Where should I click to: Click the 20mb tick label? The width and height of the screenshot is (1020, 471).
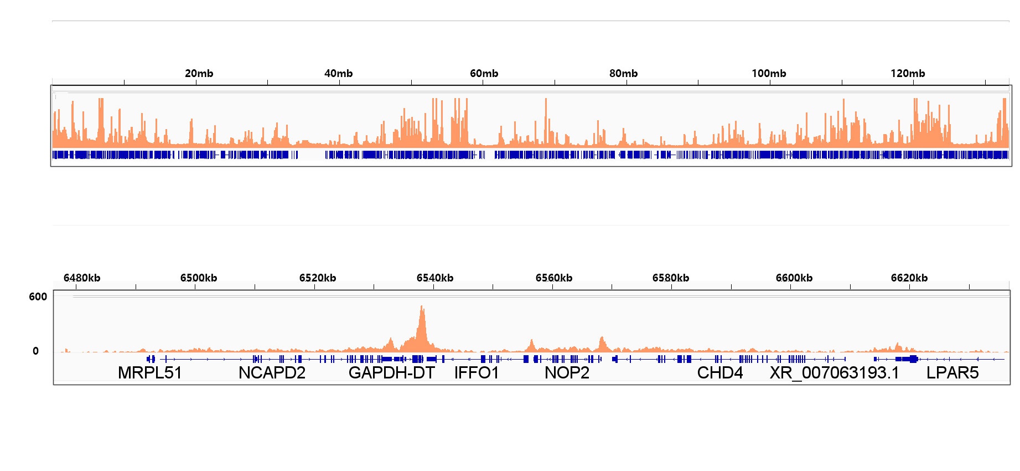[199, 73]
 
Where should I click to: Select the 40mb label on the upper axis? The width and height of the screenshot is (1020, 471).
[338, 73]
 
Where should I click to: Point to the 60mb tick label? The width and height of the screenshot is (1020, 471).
[484, 73]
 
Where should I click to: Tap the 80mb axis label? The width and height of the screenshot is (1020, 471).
[623, 73]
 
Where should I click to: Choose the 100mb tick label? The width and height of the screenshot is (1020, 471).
[769, 73]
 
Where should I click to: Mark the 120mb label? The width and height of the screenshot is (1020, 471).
[908, 73]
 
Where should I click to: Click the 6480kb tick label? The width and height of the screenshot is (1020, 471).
[82, 278]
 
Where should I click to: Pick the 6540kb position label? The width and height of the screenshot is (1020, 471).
[434, 278]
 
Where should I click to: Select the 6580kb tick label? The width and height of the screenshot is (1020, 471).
[670, 278]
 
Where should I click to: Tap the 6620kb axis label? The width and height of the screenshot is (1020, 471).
[909, 278]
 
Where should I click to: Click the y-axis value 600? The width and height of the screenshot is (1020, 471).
[38, 296]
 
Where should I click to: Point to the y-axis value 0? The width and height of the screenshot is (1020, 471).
[35, 351]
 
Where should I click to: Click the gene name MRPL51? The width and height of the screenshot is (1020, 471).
[149, 373]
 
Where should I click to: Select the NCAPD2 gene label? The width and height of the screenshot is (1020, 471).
[272, 373]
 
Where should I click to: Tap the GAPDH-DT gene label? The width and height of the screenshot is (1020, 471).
[391, 373]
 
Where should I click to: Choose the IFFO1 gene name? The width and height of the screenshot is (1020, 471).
[477, 373]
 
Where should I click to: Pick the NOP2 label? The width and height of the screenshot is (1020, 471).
[567, 373]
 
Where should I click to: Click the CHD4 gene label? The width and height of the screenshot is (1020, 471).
[719, 373]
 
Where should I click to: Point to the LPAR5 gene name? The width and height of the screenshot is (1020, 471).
[952, 373]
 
